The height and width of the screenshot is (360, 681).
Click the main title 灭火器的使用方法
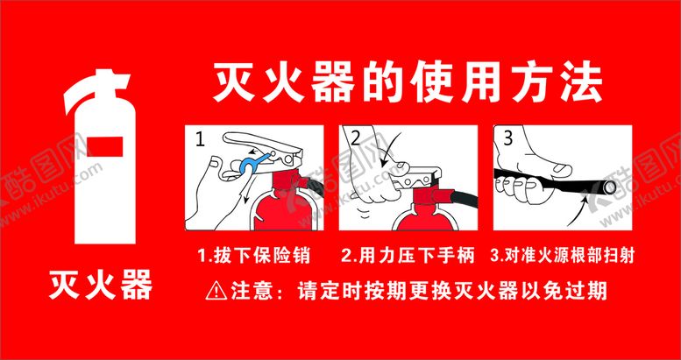408,85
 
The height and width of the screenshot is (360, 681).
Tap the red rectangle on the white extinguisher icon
105,146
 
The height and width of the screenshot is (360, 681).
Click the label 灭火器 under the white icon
100,285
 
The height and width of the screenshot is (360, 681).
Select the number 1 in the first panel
199,140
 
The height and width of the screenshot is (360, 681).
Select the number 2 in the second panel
356,138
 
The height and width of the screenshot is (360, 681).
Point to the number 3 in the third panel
508,138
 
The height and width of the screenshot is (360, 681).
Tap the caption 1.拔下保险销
254,256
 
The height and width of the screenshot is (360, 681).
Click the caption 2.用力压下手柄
408,256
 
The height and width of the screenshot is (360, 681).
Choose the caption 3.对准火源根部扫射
563,256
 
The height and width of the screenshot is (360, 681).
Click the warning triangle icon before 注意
216,291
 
